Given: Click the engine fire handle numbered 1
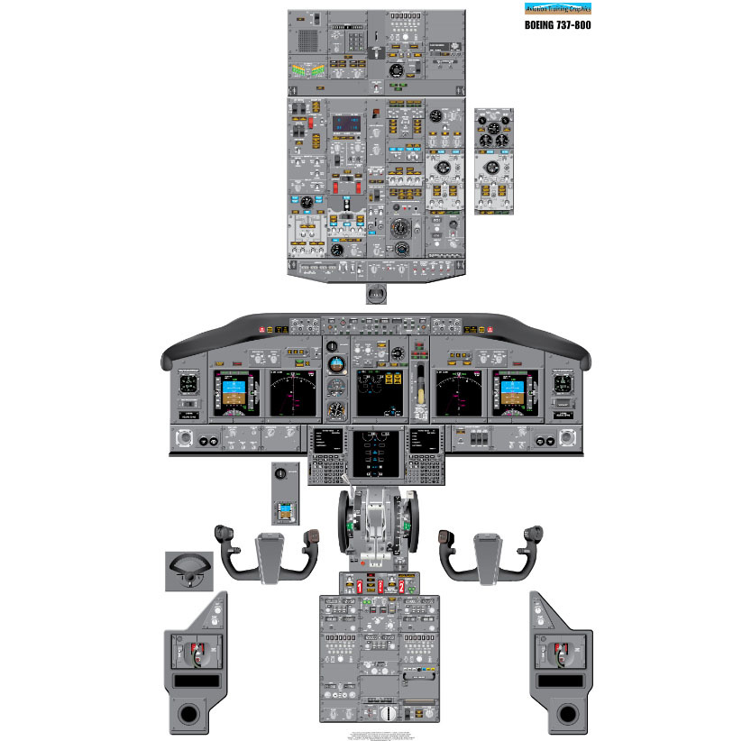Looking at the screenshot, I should pyautogui.click(x=360, y=586).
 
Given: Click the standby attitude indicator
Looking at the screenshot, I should pyautogui.click(x=336, y=366).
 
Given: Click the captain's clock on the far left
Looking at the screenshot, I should pyautogui.click(x=188, y=384).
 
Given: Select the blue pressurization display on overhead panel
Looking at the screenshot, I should pyautogui.click(x=346, y=123).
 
